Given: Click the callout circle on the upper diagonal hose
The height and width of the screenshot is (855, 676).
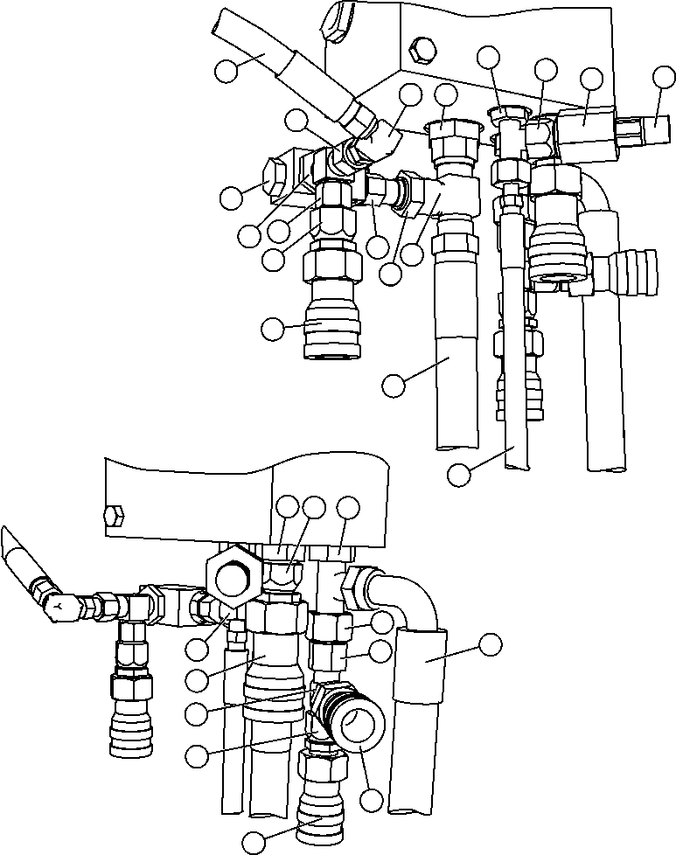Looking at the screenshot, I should [227, 71].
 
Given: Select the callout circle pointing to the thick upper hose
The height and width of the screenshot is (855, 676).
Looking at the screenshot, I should [395, 383].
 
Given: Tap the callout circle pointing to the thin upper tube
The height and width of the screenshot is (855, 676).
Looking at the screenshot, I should [459, 474].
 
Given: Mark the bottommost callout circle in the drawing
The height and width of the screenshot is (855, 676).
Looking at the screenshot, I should [254, 841].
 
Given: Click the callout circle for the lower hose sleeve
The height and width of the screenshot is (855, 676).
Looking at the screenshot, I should [491, 645].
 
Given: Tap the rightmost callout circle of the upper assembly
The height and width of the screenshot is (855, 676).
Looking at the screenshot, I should [664, 78].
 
